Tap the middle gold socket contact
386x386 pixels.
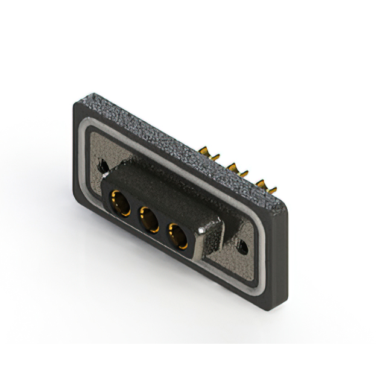tap(148, 218)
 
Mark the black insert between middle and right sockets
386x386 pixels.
tap(163, 228)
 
